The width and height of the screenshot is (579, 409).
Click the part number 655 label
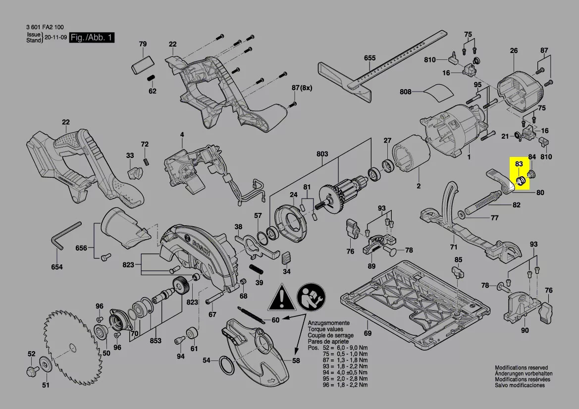click(x=369, y=58)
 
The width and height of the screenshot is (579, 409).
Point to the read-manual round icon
click(x=310, y=299)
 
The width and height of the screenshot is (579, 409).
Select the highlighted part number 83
click(x=519, y=164)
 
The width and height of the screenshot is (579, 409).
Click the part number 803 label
click(x=322, y=154)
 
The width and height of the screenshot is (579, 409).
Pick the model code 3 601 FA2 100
click(x=44, y=28)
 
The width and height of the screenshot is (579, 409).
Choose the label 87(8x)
click(x=302, y=88)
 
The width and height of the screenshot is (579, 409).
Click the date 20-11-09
click(x=55, y=38)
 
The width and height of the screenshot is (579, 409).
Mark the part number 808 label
click(x=406, y=92)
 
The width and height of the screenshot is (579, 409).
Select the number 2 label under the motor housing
click(x=418, y=186)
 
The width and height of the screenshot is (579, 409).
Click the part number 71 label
click(x=453, y=247)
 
